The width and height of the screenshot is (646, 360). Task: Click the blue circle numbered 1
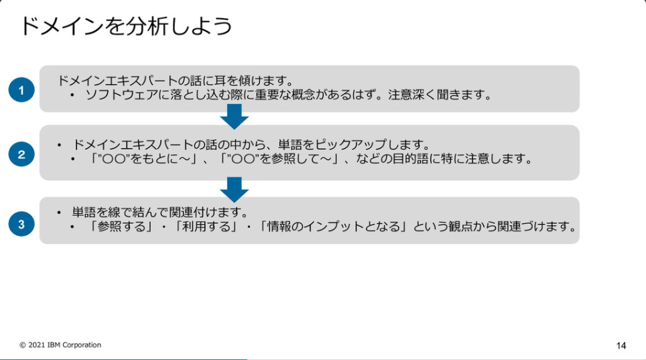click(x=21, y=90)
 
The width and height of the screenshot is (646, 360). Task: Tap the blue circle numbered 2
click(x=21, y=154)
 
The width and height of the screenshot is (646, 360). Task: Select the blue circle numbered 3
click(x=21, y=224)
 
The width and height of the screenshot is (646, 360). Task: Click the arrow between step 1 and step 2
click(x=234, y=118)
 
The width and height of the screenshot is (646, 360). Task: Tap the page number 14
click(x=621, y=346)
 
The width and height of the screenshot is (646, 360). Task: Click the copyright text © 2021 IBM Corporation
click(x=60, y=345)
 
